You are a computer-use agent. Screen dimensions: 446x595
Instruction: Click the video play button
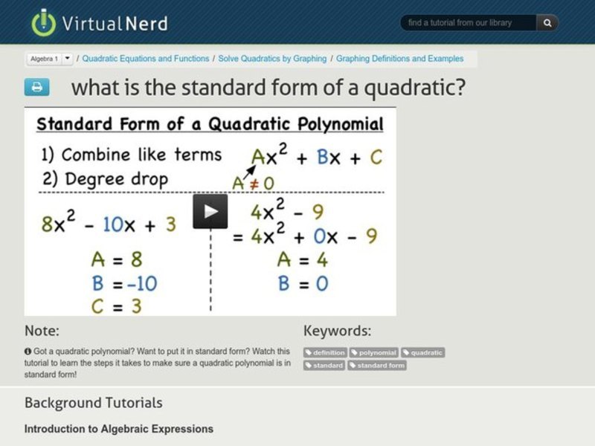(210, 211)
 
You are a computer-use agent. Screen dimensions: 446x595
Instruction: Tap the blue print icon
(36, 87)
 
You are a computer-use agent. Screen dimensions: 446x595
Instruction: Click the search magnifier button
(547, 23)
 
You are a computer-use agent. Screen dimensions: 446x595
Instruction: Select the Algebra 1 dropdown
(50, 59)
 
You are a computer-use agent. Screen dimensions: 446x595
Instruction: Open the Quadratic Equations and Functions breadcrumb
(146, 59)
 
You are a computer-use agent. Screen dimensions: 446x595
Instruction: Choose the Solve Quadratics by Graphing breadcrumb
(272, 59)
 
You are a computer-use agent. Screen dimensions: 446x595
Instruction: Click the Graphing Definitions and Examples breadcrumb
(399, 59)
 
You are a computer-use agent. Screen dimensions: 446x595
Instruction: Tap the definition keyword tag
(325, 352)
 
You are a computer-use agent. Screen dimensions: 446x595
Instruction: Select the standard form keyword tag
(377, 365)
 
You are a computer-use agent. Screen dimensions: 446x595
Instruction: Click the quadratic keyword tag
(422, 352)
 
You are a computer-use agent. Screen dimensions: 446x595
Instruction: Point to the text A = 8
(116, 259)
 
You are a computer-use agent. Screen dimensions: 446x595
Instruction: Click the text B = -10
(123, 283)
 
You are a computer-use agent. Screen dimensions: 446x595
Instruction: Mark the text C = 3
(116, 306)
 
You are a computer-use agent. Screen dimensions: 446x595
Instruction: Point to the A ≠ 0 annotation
(253, 183)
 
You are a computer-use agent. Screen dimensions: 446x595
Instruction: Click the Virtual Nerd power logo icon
(44, 22)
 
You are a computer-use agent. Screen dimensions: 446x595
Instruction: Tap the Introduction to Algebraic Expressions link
(119, 429)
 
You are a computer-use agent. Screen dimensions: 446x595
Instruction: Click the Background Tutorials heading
(93, 403)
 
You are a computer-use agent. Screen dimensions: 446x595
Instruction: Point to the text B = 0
(303, 283)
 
